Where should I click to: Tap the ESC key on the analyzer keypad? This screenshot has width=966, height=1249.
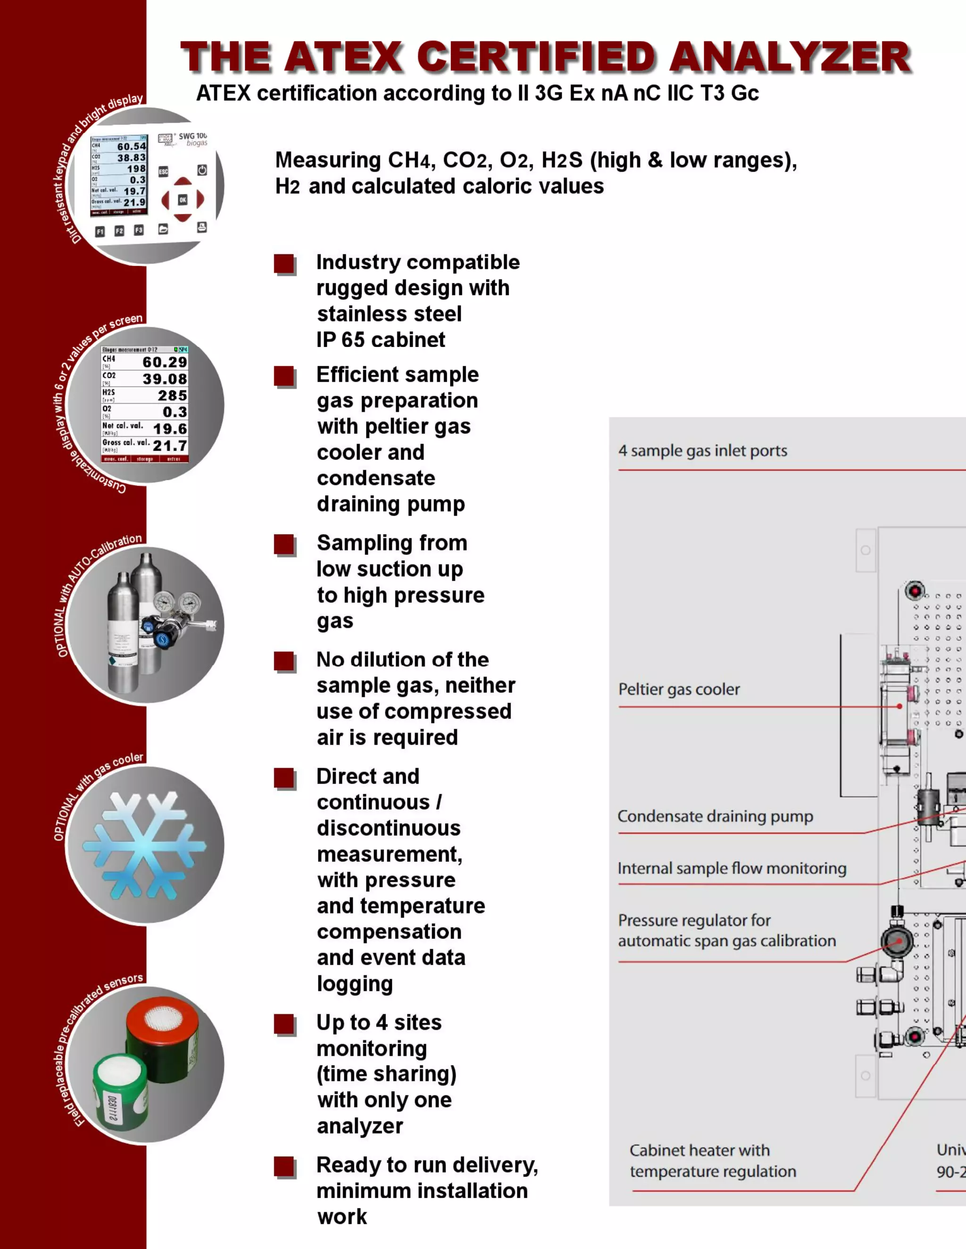pyautogui.click(x=163, y=172)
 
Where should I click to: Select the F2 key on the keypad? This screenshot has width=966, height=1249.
pyautogui.click(x=119, y=231)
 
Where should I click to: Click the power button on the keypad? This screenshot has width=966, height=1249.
pyautogui.click(x=202, y=171)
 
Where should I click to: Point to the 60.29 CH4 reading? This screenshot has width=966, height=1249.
pyautogui.click(x=165, y=362)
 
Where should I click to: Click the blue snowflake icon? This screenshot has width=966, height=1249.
pyautogui.click(x=144, y=845)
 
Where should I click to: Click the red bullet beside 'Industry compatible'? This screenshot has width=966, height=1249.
pyautogui.click(x=284, y=264)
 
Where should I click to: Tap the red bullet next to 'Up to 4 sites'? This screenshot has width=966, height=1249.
pyautogui.click(x=284, y=1024)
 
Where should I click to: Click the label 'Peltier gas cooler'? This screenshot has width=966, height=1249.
pyautogui.click(x=679, y=690)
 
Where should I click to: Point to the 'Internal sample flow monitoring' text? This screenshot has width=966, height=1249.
pyautogui.click(x=732, y=869)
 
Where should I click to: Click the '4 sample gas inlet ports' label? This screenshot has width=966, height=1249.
pyautogui.click(x=702, y=451)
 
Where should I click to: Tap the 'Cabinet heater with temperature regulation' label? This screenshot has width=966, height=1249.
pyautogui.click(x=713, y=1161)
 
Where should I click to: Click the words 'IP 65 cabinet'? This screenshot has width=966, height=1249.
pyautogui.click(x=381, y=340)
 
